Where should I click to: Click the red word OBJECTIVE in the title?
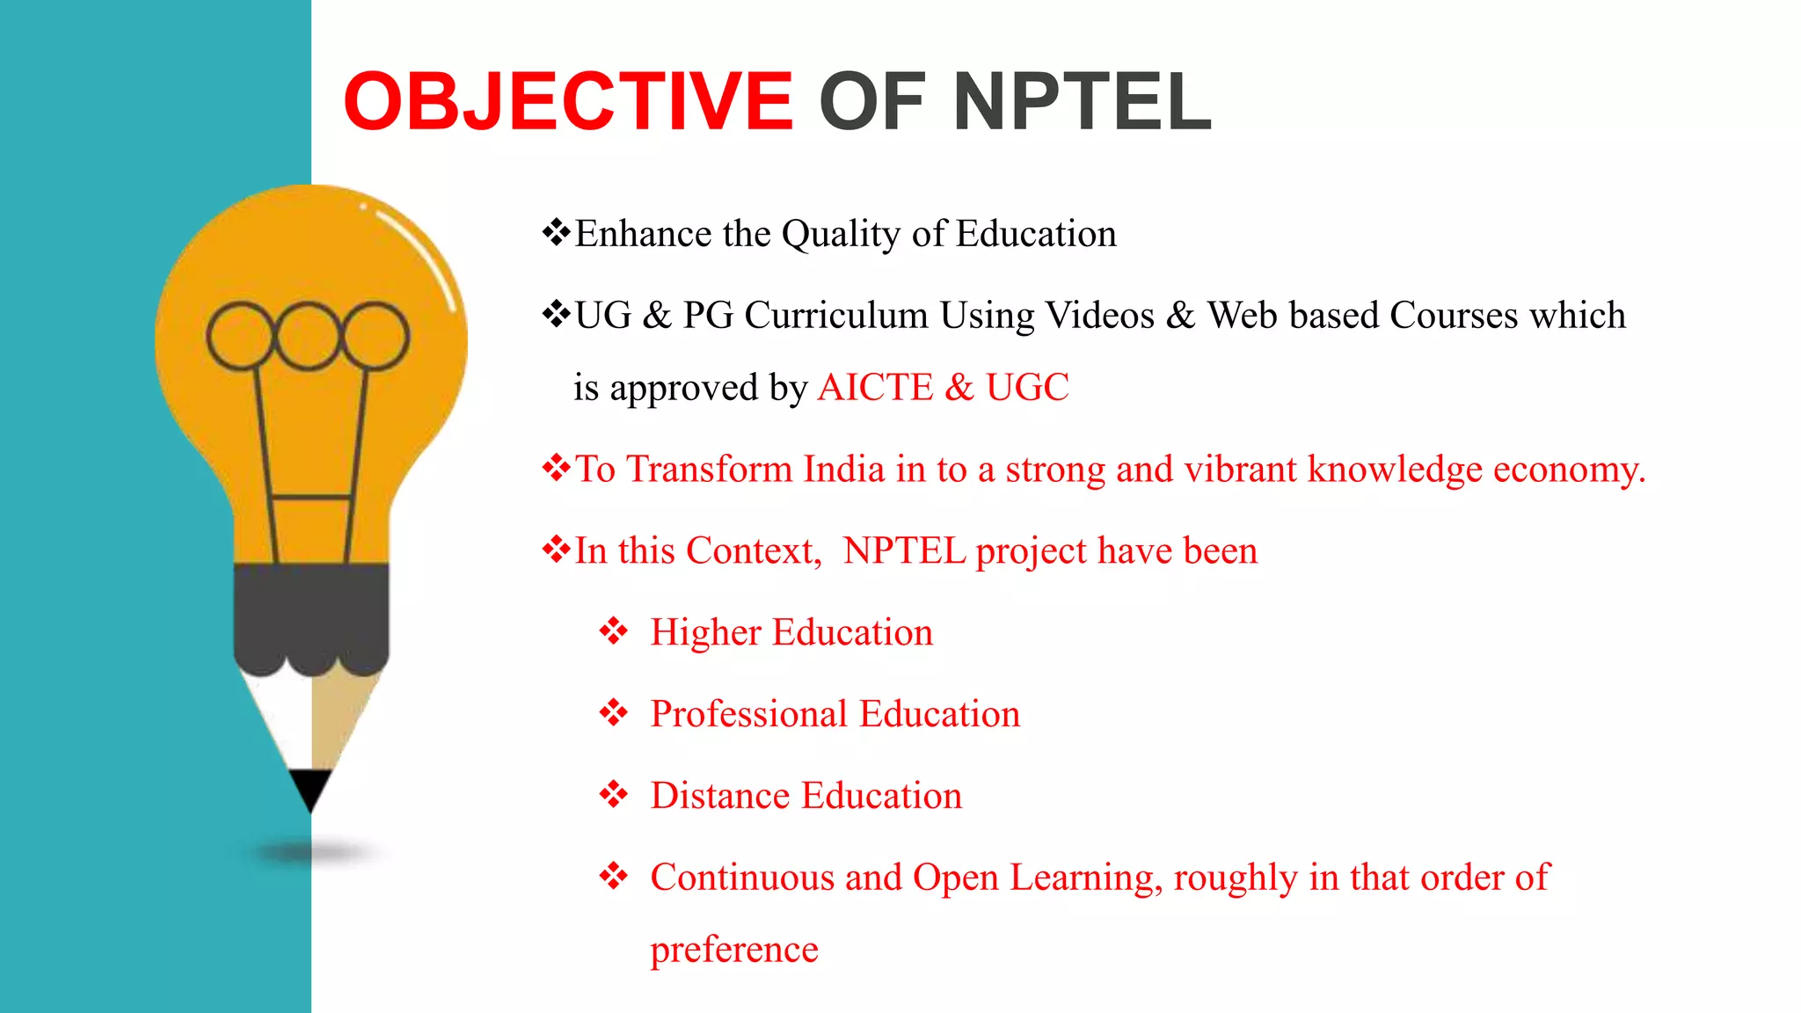coord(568,102)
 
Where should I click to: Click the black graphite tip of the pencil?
coord(310,787)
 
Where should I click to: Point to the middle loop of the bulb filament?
coord(308,335)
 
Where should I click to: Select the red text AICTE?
coord(875,388)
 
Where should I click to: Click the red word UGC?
coord(1027,388)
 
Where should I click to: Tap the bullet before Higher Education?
coord(613,631)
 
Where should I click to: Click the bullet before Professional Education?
coord(613,713)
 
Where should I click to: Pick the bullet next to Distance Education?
coord(613,795)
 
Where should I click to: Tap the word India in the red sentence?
coord(843,470)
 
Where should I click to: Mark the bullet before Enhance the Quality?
coord(556,233)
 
